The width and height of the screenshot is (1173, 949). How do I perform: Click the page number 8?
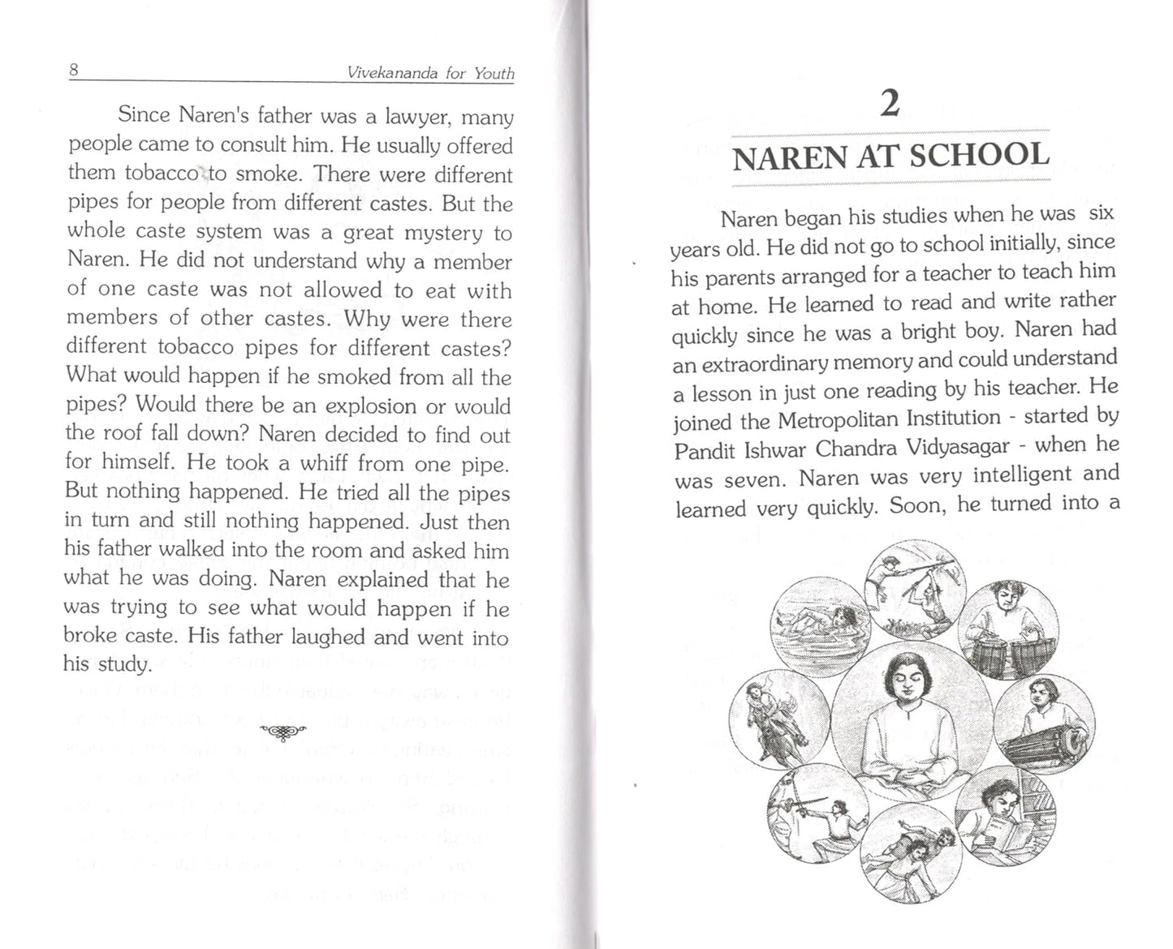pos(74,70)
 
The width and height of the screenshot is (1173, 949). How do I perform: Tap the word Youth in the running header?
pos(494,73)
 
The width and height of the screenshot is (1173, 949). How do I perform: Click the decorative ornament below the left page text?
pos(282,732)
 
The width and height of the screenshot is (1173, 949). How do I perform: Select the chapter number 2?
pos(891,104)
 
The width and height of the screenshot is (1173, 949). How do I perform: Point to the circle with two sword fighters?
pos(817,813)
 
